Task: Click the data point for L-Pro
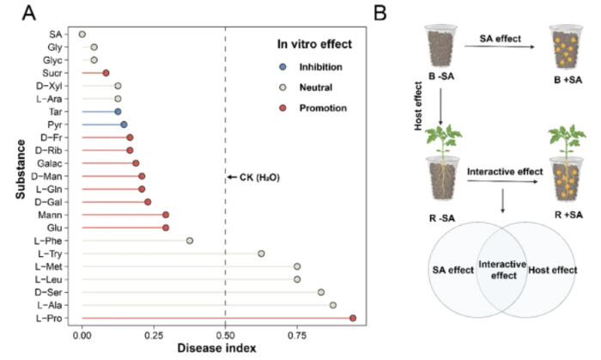coord(353,318)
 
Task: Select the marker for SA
coord(82,34)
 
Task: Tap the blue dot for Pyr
coord(124,125)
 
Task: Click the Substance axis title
coord(19,175)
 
